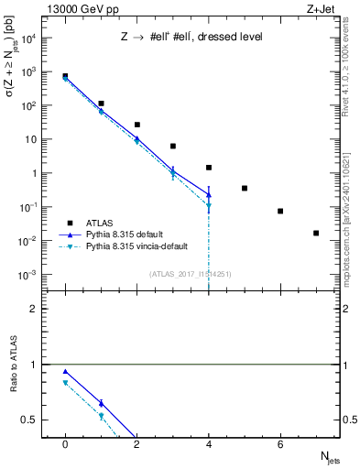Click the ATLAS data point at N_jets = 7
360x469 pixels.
(x=316, y=233)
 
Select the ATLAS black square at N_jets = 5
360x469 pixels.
(x=245, y=188)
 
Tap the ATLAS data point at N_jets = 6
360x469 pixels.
(x=280, y=211)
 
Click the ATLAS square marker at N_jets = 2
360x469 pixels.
(x=136, y=125)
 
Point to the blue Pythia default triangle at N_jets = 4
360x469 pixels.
(x=209, y=194)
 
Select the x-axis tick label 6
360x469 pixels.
(x=280, y=444)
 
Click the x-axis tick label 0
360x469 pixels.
(x=65, y=444)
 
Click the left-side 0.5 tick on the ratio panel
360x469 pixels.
(x=29, y=420)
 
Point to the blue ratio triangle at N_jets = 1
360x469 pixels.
(x=101, y=403)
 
